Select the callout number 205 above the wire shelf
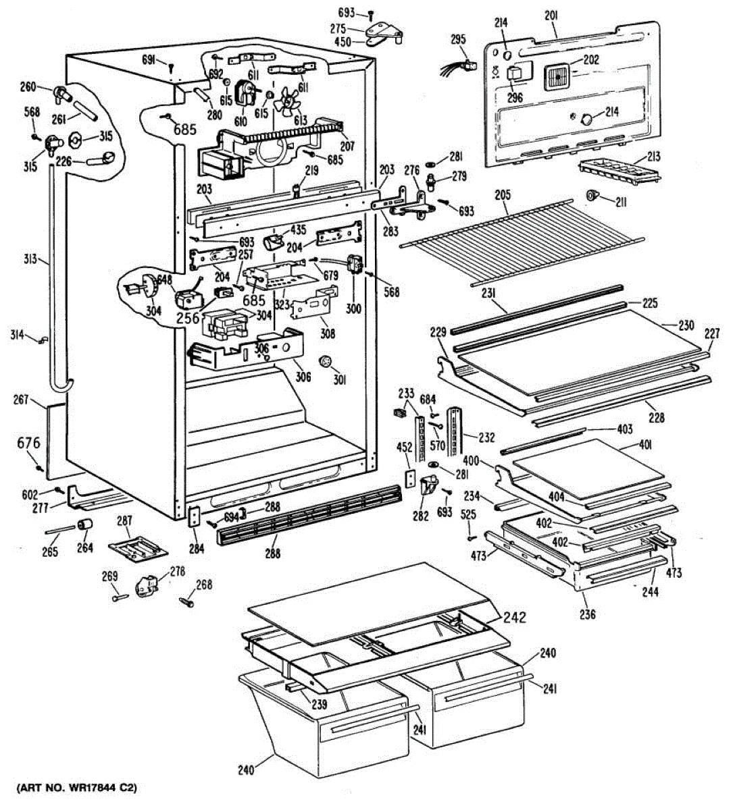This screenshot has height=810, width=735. [503, 196]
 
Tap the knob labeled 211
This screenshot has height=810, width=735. [592, 196]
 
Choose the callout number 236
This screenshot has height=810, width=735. [588, 615]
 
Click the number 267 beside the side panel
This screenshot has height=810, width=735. [21, 400]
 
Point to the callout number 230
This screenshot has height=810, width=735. [686, 325]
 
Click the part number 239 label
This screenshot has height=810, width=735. [319, 704]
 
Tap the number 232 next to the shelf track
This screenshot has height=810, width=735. [486, 437]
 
